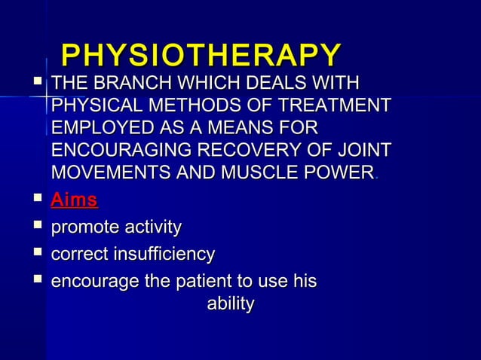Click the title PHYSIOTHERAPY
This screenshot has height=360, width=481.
pos(201,56)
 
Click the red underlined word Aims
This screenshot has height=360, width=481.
pos(74,200)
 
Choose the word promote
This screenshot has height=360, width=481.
pos(82,227)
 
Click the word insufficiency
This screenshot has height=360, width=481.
pos(162,255)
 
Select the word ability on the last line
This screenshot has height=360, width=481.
pos(230,304)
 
